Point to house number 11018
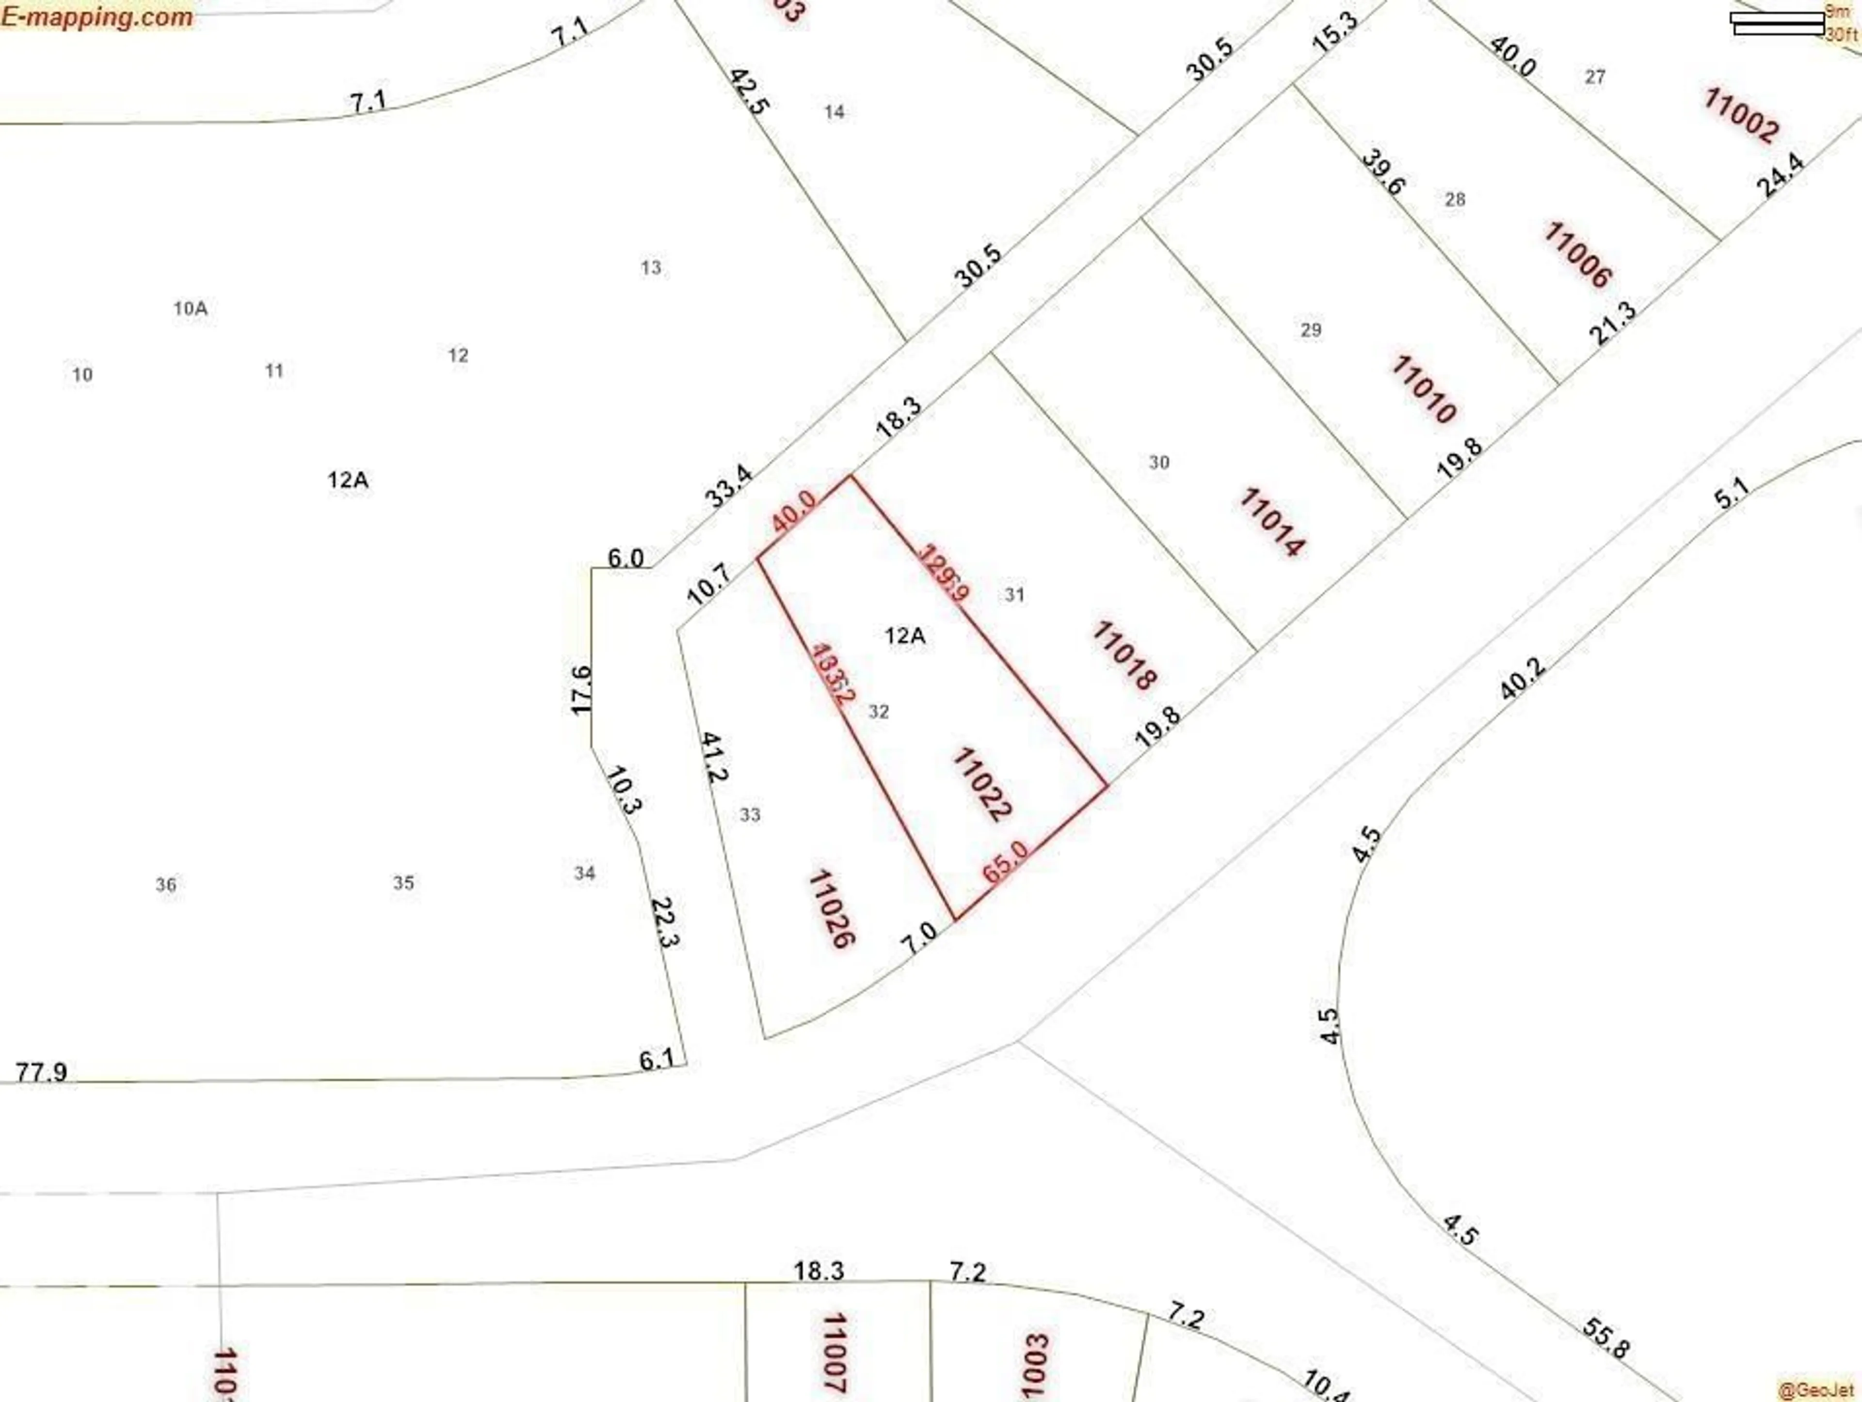pyautogui.click(x=1124, y=655)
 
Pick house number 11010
pyautogui.click(x=1423, y=389)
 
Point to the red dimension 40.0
pyautogui.click(x=794, y=511)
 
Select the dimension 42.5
pyautogui.click(x=748, y=93)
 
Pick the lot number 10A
pyautogui.click(x=190, y=308)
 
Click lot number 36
pyautogui.click(x=166, y=884)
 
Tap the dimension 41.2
pyautogui.click(x=714, y=757)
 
